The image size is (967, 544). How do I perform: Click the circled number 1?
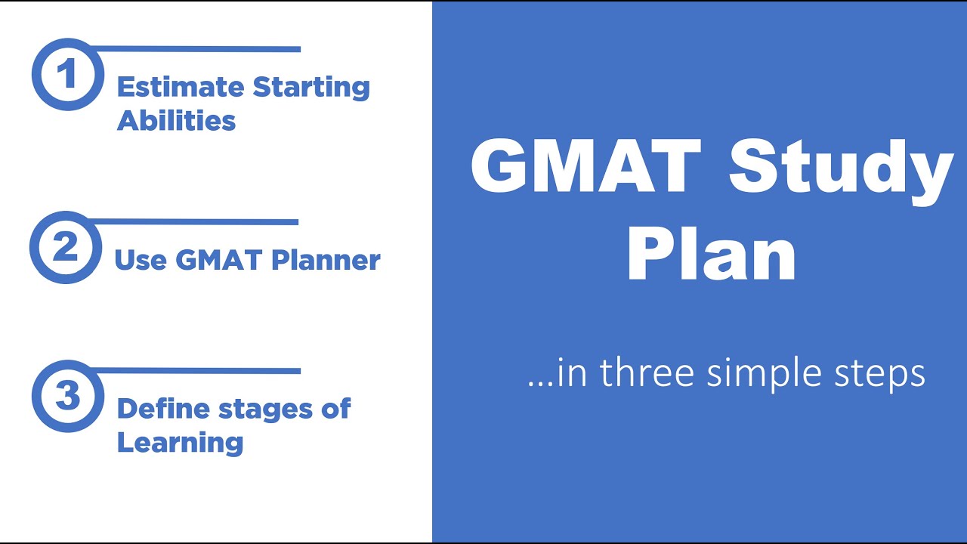(x=67, y=75)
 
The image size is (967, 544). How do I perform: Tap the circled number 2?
(x=65, y=248)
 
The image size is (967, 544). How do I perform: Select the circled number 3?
(x=67, y=396)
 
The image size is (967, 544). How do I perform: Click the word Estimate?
(x=181, y=87)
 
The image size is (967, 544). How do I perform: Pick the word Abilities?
(x=176, y=121)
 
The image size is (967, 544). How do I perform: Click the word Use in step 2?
(x=141, y=260)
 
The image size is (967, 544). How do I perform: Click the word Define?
(x=162, y=409)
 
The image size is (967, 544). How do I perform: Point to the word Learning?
(x=180, y=443)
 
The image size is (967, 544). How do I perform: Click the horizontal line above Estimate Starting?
(x=196, y=49)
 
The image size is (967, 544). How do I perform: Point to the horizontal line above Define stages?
(x=196, y=371)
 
